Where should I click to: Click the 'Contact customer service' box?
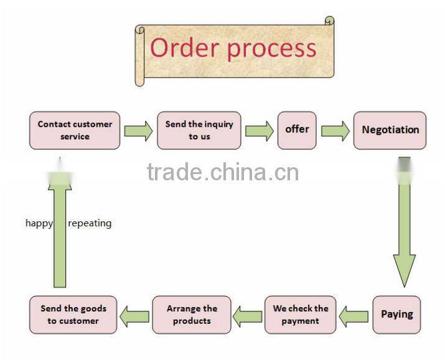coord(75,130)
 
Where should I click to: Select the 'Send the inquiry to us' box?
coord(199,130)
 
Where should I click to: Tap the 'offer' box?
coord(297,130)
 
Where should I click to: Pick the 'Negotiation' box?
coord(390,130)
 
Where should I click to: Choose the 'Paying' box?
coord(396,314)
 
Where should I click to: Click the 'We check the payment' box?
coord(301,315)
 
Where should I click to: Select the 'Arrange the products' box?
coord(192,315)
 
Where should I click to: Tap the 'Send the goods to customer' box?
coord(73,315)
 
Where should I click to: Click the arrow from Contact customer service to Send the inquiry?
coord(138,131)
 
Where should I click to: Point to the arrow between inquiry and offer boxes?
coord(259,131)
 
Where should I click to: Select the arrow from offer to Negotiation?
coord(335,131)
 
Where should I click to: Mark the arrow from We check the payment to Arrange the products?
coord(248,316)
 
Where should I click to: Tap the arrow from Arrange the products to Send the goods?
coord(134,316)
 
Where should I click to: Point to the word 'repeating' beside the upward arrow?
coord(90,223)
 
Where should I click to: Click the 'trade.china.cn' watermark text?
coord(222,171)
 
